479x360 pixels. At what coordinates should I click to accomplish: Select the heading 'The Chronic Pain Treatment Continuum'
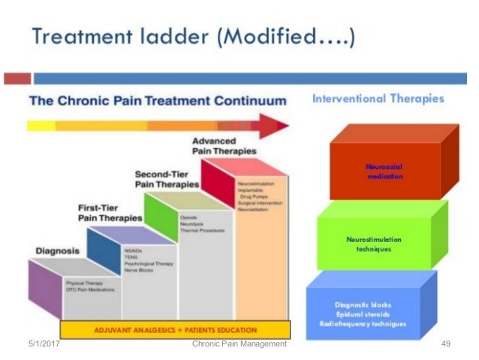[158, 100]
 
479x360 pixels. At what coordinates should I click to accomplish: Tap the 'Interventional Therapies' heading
[378, 98]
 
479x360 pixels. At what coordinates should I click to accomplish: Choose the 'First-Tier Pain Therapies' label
[111, 213]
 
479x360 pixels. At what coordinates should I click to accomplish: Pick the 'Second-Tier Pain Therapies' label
[167, 179]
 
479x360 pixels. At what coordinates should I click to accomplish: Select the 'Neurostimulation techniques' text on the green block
[373, 244]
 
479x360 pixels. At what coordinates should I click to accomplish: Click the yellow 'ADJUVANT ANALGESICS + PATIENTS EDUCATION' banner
[175, 330]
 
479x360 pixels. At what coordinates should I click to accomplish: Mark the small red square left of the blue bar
[17, 77]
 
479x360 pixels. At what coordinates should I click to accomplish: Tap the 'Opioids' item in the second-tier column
[188, 217]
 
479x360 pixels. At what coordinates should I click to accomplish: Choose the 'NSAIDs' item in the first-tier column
[134, 250]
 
